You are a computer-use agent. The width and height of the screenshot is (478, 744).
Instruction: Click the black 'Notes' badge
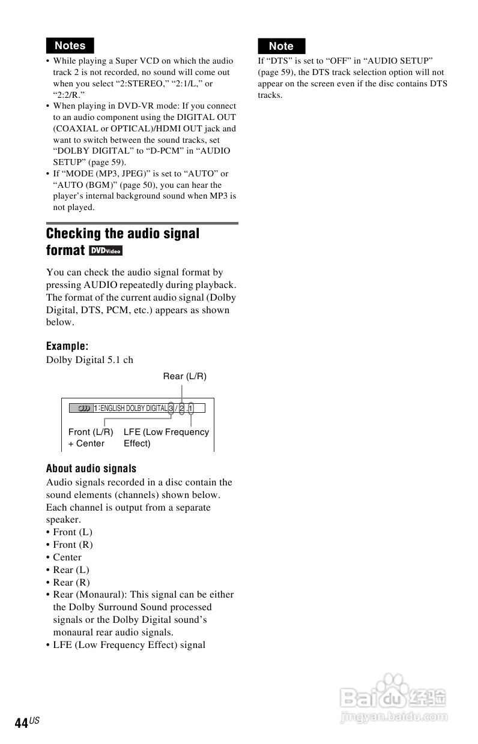[x=70, y=46]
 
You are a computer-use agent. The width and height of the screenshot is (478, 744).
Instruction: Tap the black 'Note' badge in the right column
[x=281, y=46]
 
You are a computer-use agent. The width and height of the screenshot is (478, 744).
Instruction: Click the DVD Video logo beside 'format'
[x=106, y=250]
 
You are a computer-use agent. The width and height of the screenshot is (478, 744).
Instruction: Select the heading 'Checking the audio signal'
[x=123, y=233]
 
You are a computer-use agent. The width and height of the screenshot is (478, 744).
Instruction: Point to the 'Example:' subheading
[x=67, y=346]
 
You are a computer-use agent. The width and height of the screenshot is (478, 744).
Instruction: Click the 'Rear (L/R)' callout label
[x=184, y=376]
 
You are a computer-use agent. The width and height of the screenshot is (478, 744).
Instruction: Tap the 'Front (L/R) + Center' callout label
[x=91, y=437]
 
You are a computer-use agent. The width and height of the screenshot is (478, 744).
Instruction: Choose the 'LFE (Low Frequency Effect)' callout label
[x=166, y=437]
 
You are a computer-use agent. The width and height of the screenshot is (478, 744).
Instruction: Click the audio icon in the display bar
[x=80, y=408]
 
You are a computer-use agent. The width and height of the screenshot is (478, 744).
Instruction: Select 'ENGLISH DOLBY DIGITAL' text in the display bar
[x=133, y=408]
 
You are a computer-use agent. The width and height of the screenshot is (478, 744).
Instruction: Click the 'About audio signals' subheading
[x=91, y=469]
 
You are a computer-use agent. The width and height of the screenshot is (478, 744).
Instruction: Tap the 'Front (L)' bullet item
[x=72, y=532]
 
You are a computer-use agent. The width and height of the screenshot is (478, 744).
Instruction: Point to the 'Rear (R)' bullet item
[x=71, y=582]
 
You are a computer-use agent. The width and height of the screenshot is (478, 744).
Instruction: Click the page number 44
[x=22, y=723]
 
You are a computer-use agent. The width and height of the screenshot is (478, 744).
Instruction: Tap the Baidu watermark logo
[x=393, y=696]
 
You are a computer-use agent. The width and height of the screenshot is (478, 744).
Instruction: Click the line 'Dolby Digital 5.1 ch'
[x=89, y=360]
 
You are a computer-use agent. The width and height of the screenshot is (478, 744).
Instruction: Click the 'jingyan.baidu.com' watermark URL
[x=393, y=716]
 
